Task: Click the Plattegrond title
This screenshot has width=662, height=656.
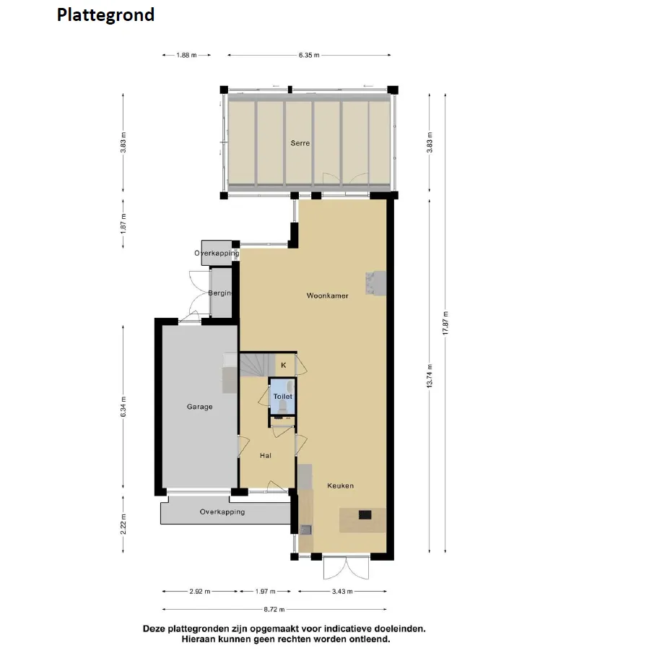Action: (x=105, y=15)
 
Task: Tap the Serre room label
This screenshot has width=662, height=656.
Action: (x=300, y=143)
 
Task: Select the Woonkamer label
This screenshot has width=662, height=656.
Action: (x=328, y=295)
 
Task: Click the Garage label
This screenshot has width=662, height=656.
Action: (x=200, y=407)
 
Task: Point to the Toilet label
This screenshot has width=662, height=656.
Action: (x=282, y=396)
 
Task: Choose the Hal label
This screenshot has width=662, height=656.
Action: (x=266, y=455)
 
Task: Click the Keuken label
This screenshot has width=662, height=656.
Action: (x=340, y=485)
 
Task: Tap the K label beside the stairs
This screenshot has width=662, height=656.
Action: (x=284, y=365)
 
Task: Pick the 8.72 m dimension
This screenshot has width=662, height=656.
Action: (x=274, y=609)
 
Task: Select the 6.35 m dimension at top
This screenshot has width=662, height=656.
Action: (x=309, y=55)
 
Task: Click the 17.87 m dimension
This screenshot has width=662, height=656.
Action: (x=445, y=323)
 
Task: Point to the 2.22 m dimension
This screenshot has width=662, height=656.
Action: (x=123, y=525)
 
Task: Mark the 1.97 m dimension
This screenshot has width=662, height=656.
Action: (x=265, y=592)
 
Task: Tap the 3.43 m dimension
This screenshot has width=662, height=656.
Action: (x=342, y=592)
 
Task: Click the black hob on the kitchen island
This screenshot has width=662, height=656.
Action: (x=365, y=514)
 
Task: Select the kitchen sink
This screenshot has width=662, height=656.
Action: (x=305, y=530)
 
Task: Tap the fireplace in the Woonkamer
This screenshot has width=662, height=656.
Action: (x=375, y=283)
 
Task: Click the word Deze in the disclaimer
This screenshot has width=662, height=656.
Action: (x=154, y=629)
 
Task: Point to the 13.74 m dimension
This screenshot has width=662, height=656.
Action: (x=430, y=376)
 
